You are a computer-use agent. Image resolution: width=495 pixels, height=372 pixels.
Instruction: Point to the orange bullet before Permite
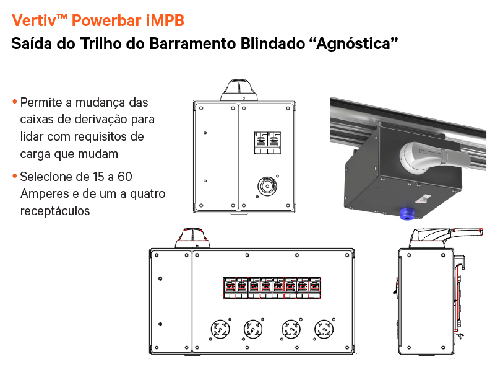click(x=14, y=102)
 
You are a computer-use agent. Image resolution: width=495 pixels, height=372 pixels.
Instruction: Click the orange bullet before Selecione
click(x=14, y=177)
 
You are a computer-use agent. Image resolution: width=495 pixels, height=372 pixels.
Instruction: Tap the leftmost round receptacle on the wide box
click(x=220, y=329)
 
